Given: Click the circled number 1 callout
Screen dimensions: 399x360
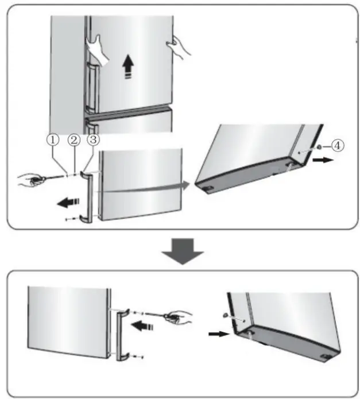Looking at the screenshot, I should point(52,140).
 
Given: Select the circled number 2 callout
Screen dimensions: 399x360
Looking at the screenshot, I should point(73,140).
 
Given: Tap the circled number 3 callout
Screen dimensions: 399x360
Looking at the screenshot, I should point(92,140).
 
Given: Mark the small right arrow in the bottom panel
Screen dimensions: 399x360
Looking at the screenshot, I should point(217,334).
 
